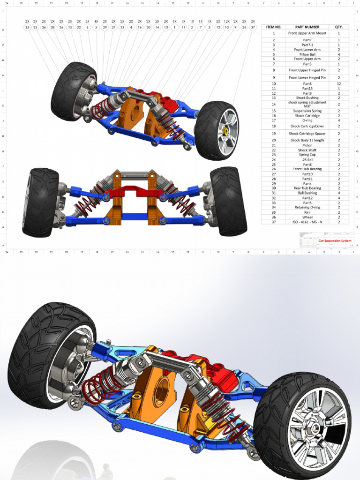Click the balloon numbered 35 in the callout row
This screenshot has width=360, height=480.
(x=27, y=28)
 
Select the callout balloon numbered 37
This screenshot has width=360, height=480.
(x=253, y=28)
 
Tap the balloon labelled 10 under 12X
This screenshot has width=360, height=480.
(x=227, y=28)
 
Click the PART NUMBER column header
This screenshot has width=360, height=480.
(x=307, y=27)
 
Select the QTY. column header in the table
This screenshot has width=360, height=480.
(x=339, y=27)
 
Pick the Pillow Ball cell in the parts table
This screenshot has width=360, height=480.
(x=307, y=54)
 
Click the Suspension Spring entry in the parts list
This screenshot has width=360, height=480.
(x=307, y=111)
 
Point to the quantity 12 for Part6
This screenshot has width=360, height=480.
(x=339, y=84)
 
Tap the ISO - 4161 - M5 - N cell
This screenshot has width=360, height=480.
(x=307, y=222)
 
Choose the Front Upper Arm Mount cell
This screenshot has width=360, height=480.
(x=307, y=34)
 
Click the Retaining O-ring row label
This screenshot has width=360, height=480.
(x=307, y=207)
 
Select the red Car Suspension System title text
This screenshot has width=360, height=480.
(x=335, y=241)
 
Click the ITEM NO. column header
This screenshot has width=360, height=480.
(x=274, y=27)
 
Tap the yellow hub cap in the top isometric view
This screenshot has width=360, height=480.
(x=225, y=131)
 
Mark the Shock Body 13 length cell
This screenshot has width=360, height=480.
(x=307, y=140)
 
